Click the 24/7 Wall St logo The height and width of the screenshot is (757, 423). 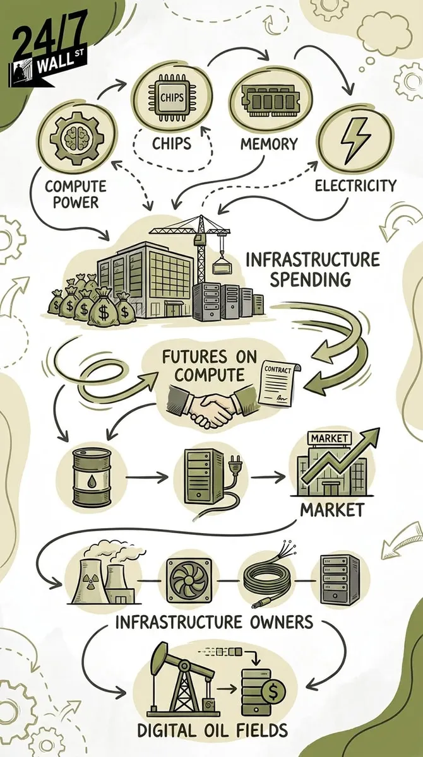(47, 55)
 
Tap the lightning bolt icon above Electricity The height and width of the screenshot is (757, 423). (354, 141)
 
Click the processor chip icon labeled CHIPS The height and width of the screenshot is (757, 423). (172, 98)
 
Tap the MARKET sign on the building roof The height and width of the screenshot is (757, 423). (329, 438)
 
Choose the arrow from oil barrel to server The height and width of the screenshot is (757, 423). (147, 477)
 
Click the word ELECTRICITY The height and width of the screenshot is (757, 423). (355, 185)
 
